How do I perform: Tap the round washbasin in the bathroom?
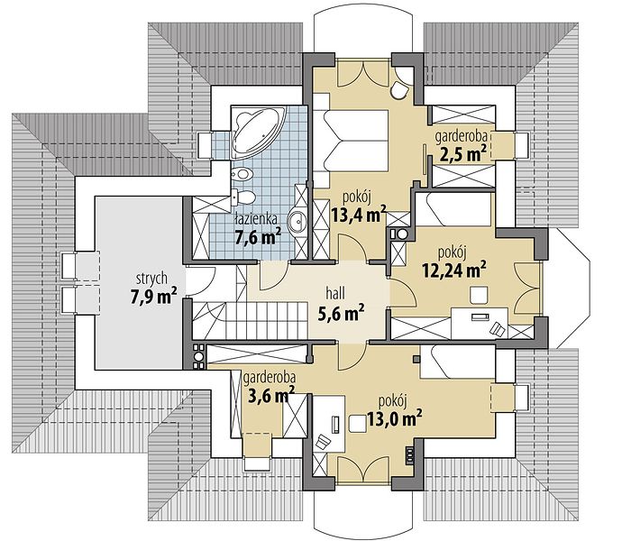297,221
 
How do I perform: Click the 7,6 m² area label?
258,237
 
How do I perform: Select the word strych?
151,280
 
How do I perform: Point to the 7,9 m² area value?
153,296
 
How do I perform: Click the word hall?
335,294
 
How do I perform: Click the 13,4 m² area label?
359,215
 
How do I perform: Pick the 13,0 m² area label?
394,418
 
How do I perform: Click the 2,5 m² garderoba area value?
462,153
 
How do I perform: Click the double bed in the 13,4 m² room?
351,141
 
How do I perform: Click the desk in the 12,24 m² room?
480,323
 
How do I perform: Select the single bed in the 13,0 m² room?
457,361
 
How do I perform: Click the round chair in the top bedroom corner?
398,90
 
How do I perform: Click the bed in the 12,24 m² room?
454,209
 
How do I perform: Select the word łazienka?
255,219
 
